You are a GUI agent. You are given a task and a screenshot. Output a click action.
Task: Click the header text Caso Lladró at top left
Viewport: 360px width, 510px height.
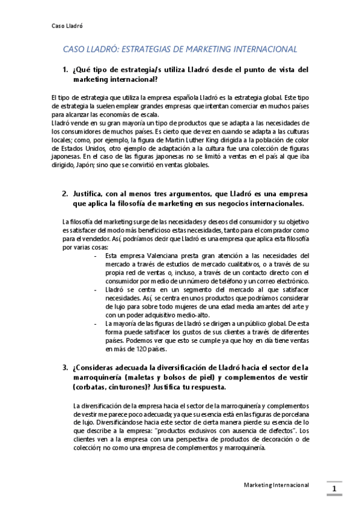pos(67,26)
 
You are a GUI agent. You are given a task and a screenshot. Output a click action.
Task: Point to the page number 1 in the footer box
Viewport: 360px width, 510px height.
pos(334,489)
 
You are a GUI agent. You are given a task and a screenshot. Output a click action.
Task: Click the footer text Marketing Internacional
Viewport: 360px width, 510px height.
pos(276,484)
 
